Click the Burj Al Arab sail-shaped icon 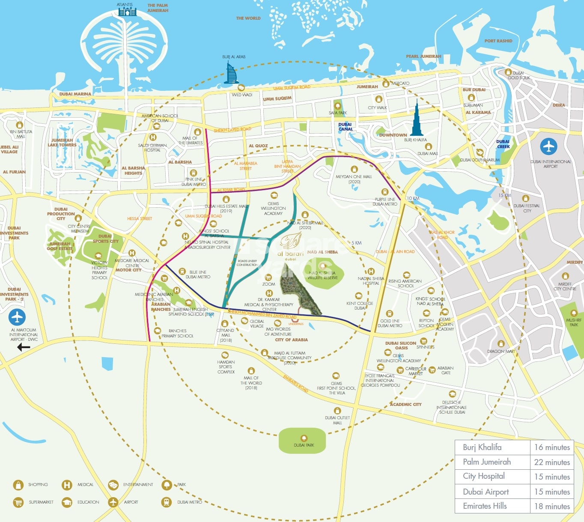(231, 73)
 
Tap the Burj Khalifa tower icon (417, 119)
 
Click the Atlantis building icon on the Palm (127, 12)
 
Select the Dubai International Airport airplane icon (548, 147)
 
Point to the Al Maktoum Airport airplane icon (17, 317)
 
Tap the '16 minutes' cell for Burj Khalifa (552, 447)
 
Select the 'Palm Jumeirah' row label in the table (487, 462)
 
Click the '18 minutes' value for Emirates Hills (552, 506)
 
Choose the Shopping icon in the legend (18, 485)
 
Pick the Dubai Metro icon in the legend (167, 502)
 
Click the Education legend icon (67, 502)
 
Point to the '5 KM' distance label (357, 243)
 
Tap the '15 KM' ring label (504, 195)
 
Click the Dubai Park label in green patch (304, 445)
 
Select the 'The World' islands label (248, 18)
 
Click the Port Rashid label (498, 41)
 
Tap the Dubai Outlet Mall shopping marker (337, 411)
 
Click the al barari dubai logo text (290, 254)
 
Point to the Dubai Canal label (346, 127)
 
